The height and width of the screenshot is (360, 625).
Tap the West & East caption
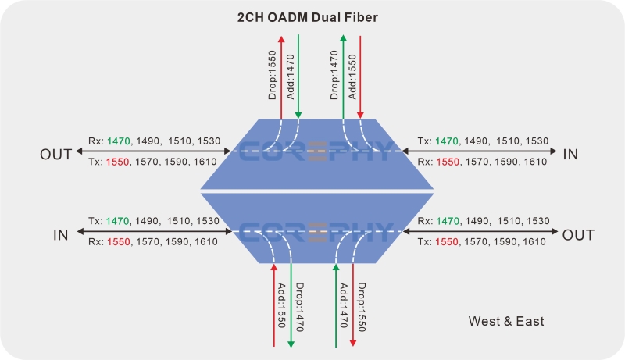point(506,321)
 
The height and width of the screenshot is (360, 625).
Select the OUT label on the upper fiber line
point(55,154)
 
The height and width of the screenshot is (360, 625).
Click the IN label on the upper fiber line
point(570,154)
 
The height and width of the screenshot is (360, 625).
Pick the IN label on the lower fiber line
point(60,235)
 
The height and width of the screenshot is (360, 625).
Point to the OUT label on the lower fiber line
point(578,235)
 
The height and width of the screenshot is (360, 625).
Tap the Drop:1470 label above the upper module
point(335,77)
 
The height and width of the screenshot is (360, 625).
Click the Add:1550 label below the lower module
point(282,304)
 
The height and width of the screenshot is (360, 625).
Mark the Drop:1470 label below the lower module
point(299,305)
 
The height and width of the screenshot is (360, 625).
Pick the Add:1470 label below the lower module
point(344,304)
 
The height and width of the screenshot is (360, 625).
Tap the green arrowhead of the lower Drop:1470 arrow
point(291,344)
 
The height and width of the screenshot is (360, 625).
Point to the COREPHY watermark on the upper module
point(316,151)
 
